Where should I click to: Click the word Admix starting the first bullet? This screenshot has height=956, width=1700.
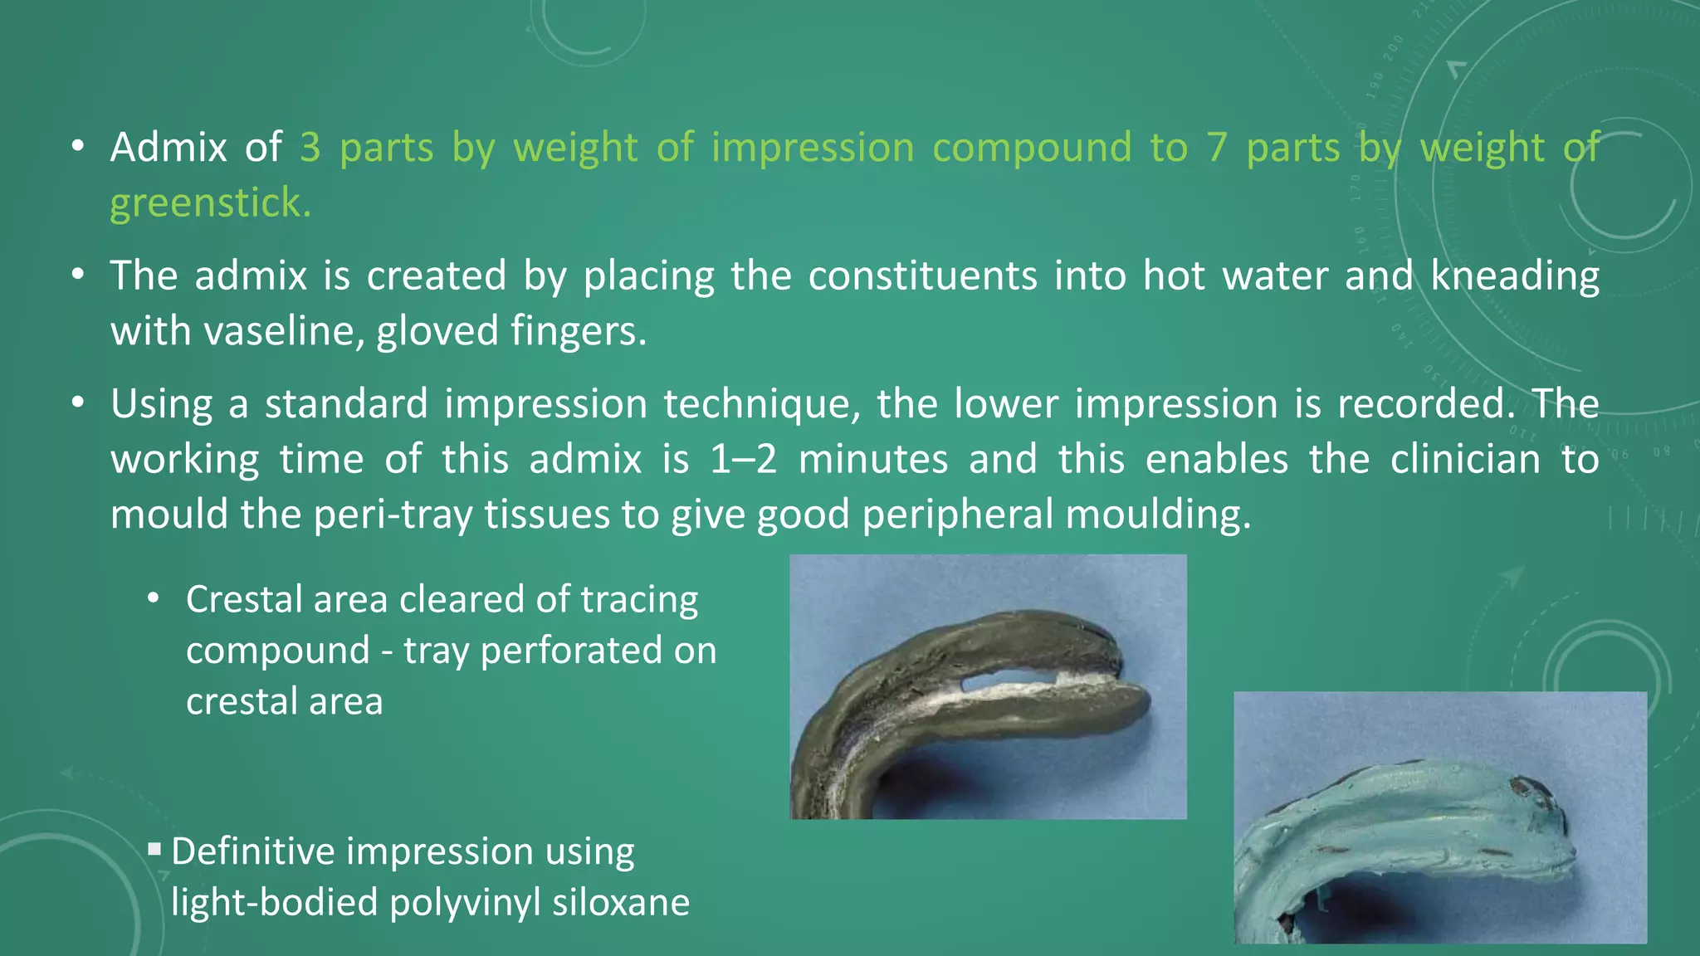169,148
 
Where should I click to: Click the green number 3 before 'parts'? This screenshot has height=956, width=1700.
310,148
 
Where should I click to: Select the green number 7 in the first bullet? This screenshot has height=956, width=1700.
1217,148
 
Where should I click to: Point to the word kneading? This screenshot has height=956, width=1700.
1515,276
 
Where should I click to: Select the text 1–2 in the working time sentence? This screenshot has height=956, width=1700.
743,460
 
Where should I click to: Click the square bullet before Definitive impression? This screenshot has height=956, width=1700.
154,849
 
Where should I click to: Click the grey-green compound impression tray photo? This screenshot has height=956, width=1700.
988,687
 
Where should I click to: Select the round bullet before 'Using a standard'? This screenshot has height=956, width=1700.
78,403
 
